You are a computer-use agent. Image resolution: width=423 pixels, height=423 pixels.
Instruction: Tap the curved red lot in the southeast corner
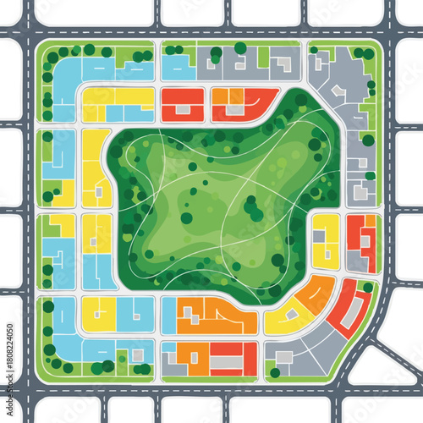pyautogui.click(x=349, y=310)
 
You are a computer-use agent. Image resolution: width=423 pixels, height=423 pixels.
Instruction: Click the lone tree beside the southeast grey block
pyautogui.click(x=275, y=372)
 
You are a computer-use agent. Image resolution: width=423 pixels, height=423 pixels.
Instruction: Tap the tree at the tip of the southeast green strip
pyautogui.click(x=368, y=287)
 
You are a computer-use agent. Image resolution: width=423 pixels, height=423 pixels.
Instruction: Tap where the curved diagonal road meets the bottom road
pyautogui.click(x=338, y=388)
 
